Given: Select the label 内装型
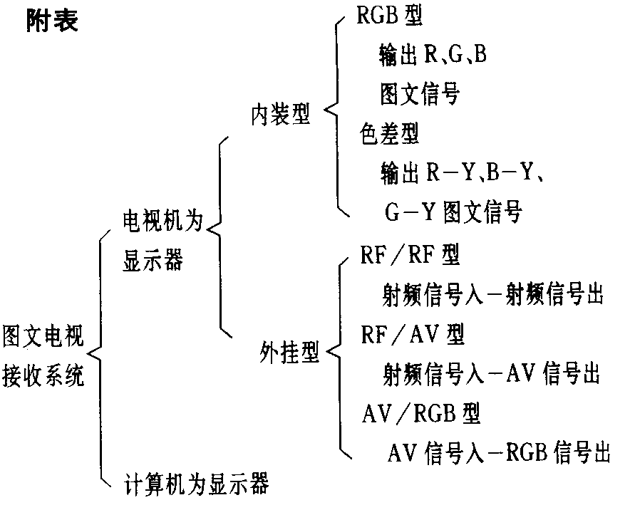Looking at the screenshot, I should [x=280, y=114].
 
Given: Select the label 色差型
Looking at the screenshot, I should [x=389, y=132].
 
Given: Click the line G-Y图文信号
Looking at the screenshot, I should [x=454, y=211].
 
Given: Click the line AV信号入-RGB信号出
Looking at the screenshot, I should [x=500, y=452].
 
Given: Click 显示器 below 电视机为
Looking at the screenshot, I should [x=152, y=261].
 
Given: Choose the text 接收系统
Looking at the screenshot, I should [x=43, y=374].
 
